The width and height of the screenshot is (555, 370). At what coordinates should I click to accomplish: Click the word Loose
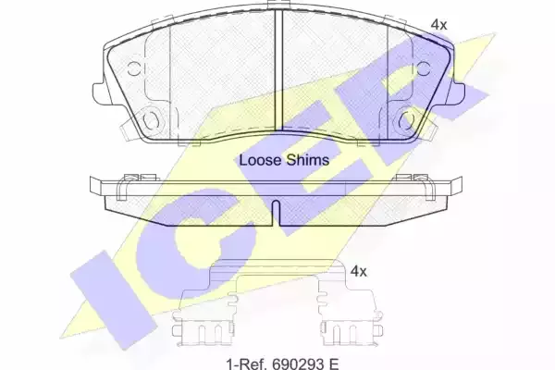261,160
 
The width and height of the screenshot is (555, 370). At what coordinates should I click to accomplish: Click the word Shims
308,160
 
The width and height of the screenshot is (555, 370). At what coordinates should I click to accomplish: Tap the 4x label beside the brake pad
438,24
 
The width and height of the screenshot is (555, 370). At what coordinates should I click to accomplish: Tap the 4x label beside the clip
358,272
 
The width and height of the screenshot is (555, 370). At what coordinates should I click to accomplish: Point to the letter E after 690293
333,364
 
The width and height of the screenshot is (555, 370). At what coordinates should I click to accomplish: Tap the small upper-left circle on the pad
134,68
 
